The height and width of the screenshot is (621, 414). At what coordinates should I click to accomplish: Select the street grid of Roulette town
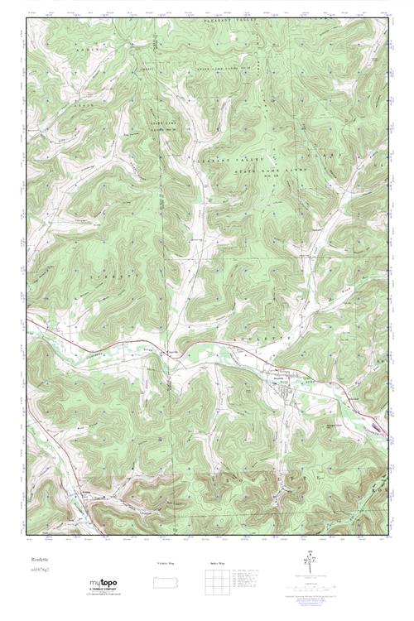coord(286,385)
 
